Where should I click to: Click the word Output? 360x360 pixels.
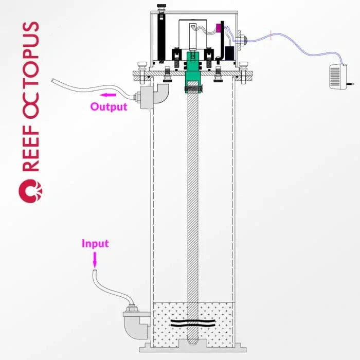click(x=109, y=107)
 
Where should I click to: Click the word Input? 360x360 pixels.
click(x=95, y=243)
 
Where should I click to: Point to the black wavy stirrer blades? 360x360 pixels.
click(x=193, y=325)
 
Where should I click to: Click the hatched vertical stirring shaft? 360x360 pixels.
click(x=193, y=206)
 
